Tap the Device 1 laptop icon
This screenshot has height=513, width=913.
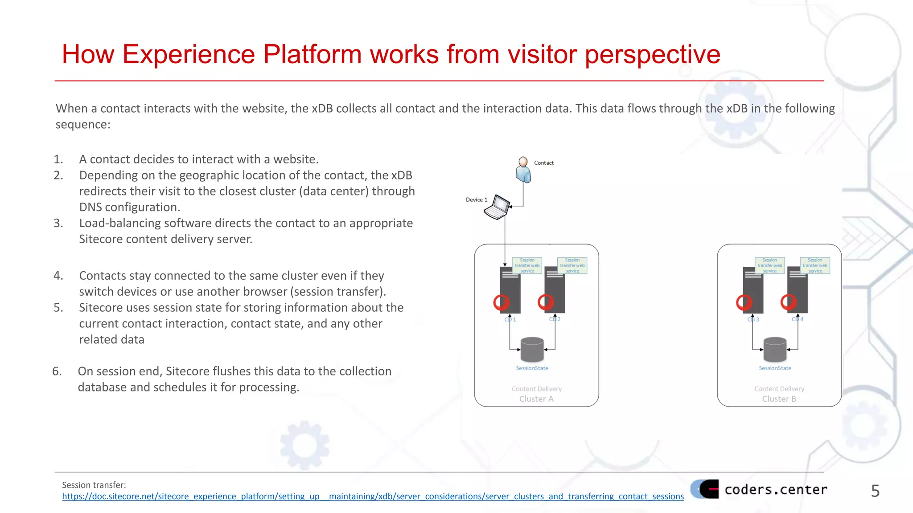[497, 208]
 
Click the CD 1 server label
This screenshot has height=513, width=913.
[510, 319]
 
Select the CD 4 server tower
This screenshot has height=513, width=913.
[798, 289]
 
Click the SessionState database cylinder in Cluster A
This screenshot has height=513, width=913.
[532, 350]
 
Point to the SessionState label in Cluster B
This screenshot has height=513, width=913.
[775, 368]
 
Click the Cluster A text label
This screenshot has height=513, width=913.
[536, 399]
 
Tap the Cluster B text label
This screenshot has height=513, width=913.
[779, 399]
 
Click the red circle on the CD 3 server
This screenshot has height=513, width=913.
[744, 302]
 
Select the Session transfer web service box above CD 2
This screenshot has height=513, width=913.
[572, 265]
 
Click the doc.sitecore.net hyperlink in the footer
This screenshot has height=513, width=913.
[373, 497]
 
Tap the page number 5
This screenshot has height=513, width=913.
[875, 491]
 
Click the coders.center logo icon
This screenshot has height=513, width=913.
[705, 489]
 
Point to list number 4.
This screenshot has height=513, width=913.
[58, 276]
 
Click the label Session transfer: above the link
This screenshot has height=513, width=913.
[94, 485]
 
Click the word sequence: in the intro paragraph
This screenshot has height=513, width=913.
[83, 124]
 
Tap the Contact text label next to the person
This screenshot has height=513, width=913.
[544, 163]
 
